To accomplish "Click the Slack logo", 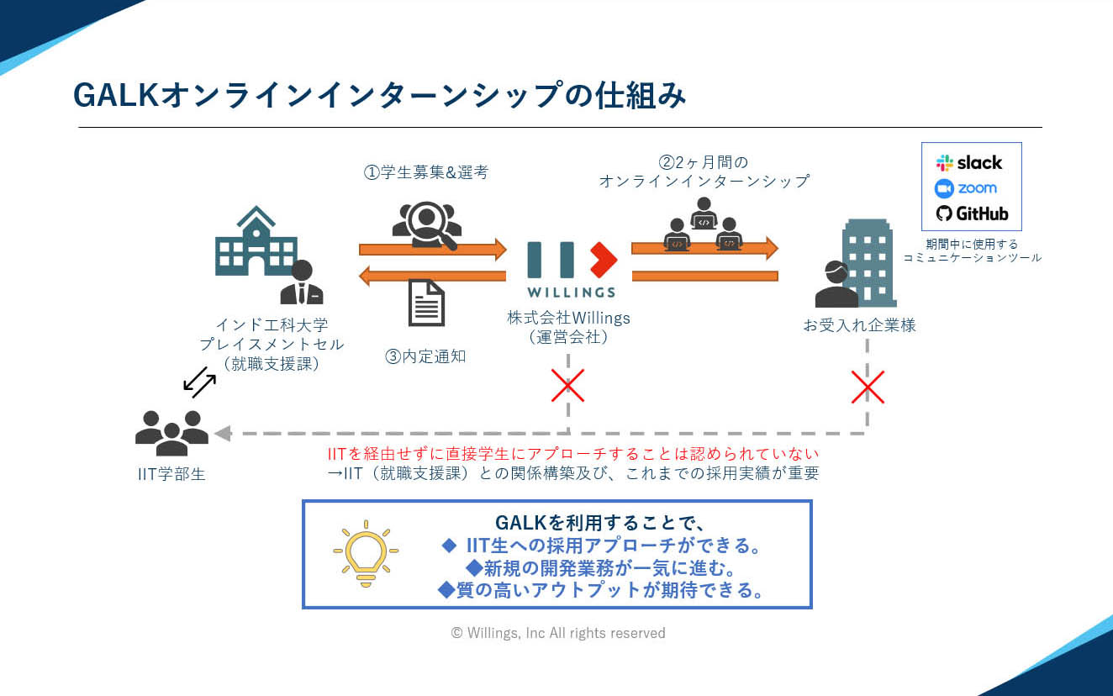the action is [x=969, y=162].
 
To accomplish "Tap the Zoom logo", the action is [x=965, y=188].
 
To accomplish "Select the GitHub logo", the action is [x=972, y=214].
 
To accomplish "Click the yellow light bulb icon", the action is [x=366, y=553].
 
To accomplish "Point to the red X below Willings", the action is [x=567, y=385].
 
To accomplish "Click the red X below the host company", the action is [x=868, y=387].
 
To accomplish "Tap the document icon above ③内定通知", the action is [x=426, y=303].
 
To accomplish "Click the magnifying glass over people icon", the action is [x=427, y=225].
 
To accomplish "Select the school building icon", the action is [x=256, y=241].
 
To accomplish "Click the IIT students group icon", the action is [x=171, y=433].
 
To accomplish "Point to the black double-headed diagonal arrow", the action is [x=199, y=382].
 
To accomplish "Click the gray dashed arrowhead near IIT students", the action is [x=223, y=433].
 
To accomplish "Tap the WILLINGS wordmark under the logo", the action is [x=572, y=293].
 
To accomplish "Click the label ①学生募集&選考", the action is [x=426, y=172].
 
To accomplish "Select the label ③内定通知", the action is [x=425, y=356].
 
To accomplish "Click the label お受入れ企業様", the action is [x=860, y=325].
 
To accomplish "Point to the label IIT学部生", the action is [x=171, y=474].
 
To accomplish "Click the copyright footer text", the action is [x=558, y=633].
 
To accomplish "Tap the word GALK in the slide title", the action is [x=116, y=95].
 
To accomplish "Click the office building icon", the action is [x=868, y=262].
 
